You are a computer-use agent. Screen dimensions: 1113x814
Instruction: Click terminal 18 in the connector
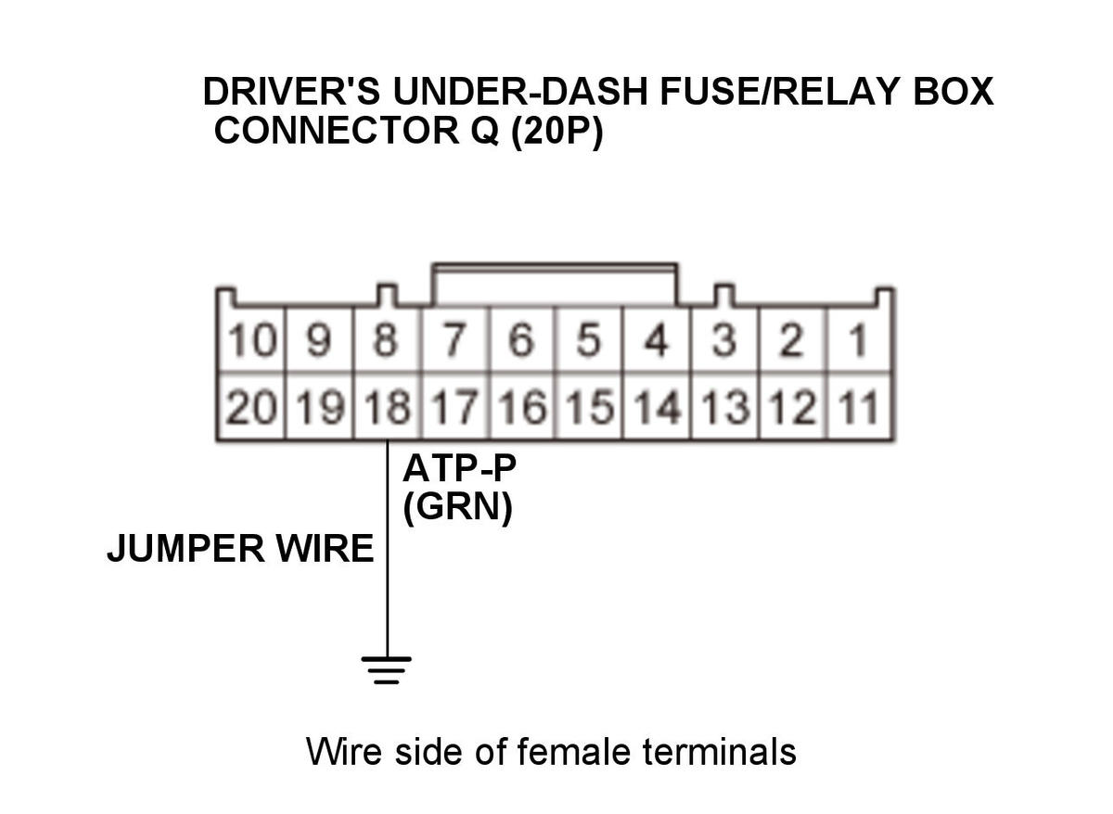(387, 407)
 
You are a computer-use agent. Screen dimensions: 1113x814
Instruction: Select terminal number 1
(859, 339)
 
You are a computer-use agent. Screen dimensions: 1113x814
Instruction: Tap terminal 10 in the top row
(251, 339)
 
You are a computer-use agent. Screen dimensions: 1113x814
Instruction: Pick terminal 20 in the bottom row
(251, 407)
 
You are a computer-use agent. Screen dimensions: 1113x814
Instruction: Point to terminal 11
(859, 407)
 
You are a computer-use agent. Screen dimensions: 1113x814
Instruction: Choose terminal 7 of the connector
(455, 339)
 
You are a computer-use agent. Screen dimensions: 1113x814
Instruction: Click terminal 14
(657, 407)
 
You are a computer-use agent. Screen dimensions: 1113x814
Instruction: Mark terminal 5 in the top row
(589, 339)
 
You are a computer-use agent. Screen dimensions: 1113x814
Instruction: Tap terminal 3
(724, 339)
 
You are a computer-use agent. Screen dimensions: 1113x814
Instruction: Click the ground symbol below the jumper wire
(387, 670)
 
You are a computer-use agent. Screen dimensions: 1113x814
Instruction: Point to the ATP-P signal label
(459, 469)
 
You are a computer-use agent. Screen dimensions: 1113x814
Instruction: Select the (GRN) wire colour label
(457, 509)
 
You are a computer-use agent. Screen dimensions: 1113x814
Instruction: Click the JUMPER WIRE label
(240, 549)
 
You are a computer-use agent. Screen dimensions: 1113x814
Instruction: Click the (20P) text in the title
(557, 131)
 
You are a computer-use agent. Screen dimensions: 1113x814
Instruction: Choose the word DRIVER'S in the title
(291, 92)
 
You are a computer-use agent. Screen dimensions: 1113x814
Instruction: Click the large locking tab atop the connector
(555, 284)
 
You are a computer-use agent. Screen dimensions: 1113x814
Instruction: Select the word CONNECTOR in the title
(337, 131)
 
